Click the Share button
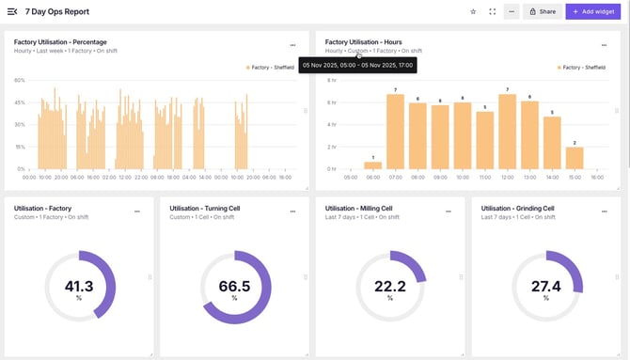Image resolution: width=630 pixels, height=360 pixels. point(541,11)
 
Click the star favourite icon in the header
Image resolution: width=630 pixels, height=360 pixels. point(473,11)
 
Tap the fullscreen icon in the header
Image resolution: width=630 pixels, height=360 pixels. point(492,11)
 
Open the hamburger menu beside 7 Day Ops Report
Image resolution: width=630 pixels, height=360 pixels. point(12,11)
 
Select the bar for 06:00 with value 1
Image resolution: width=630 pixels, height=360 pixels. point(372,164)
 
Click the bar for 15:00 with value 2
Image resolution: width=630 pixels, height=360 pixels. point(575,158)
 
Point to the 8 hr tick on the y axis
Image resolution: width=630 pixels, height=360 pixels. point(331,80)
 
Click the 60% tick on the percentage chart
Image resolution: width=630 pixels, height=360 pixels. point(20,80)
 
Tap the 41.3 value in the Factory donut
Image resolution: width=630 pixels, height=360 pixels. point(79,286)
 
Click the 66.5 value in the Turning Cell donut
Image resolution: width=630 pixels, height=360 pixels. point(235,286)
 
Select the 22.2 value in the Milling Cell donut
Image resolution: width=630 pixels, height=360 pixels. point(390,286)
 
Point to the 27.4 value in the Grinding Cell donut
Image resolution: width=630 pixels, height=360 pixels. point(546,286)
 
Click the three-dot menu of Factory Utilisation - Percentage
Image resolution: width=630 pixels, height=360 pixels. point(292,44)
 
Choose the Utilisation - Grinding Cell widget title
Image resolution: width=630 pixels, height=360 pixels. point(517,209)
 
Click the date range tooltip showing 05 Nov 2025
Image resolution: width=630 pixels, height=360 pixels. point(357,65)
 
